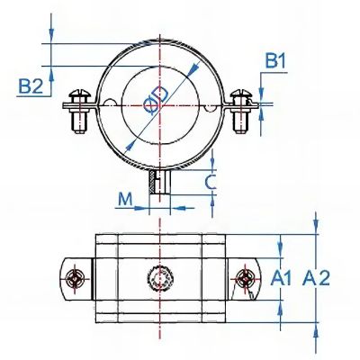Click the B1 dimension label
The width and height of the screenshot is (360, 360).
click(275, 61)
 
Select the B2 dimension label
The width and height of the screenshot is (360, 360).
click(31, 86)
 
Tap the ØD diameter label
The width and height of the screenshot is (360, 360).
click(156, 100)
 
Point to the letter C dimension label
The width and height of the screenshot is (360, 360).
click(211, 182)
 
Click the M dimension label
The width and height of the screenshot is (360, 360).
click(125, 199)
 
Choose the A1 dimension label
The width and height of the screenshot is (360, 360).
click(281, 278)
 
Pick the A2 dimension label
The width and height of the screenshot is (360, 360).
click(316, 278)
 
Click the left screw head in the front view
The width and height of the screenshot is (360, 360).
click(80, 94)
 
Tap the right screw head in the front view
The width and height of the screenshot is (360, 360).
click(241, 94)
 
